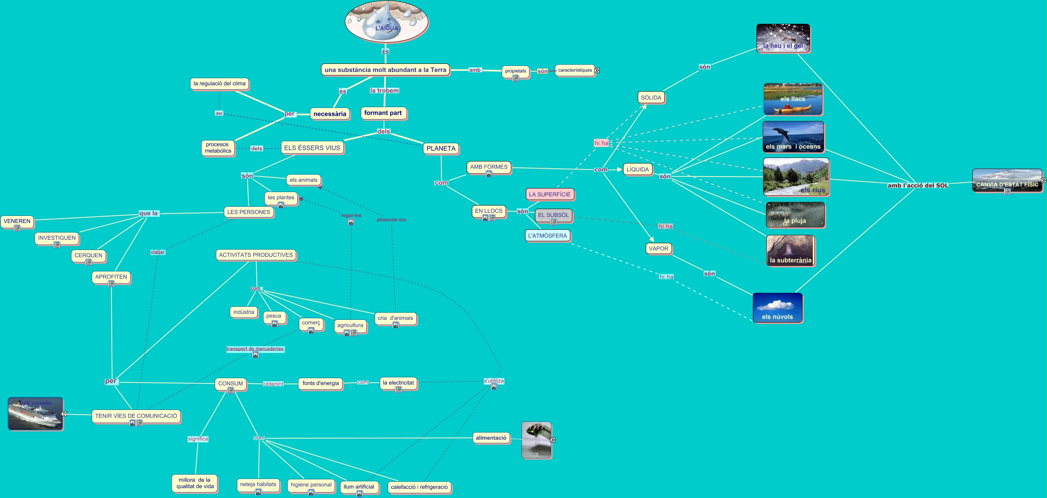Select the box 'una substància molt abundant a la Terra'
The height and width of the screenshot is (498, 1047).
click(385, 70)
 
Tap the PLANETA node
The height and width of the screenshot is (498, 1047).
click(441, 149)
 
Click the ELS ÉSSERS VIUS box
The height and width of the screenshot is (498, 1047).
click(312, 148)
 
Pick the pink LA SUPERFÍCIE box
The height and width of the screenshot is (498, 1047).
click(550, 194)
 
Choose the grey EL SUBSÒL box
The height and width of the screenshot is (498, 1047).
click(553, 215)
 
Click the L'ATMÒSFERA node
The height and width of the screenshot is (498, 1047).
click(547, 236)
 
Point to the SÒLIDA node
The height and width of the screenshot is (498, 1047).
click(651, 98)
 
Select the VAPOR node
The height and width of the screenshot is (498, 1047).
click(658, 248)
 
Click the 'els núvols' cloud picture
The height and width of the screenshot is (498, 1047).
click(777, 308)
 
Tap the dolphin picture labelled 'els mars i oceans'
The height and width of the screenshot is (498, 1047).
click(793, 137)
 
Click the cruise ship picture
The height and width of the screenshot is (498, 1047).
click(35, 413)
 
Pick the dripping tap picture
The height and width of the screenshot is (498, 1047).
click(537, 440)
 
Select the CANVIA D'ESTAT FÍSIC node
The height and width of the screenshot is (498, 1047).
click(1007, 181)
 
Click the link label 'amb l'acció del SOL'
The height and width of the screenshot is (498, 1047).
click(917, 186)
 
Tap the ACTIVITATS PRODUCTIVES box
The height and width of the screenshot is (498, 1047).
click(256, 255)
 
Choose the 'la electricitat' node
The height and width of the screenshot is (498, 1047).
click(398, 383)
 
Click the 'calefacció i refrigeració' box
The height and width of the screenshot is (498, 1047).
click(419, 487)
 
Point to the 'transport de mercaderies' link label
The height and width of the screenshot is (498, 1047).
click(255, 349)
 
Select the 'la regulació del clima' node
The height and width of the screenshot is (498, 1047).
click(219, 84)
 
